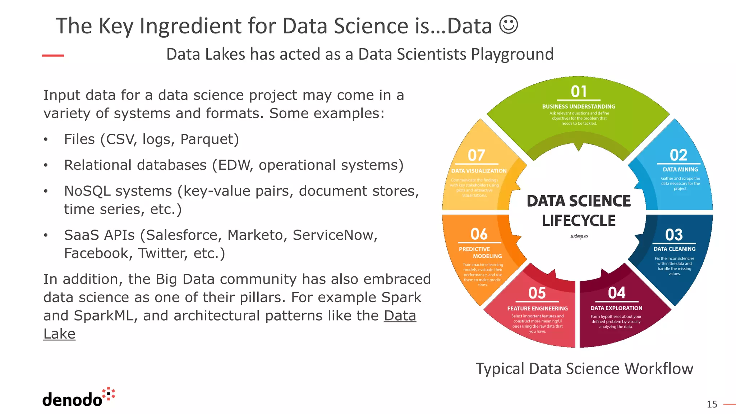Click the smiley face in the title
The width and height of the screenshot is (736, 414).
509,25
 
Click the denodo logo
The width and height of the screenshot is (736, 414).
78,398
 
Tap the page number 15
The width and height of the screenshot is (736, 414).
712,404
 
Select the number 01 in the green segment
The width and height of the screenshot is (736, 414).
579,92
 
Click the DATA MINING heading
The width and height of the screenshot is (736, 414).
680,169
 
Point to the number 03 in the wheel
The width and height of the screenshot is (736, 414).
674,235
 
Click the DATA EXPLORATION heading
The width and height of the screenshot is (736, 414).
616,308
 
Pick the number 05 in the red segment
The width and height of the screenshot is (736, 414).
537,293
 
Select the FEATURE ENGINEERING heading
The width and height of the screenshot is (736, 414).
537,308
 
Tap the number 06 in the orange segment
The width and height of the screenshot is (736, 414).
479,234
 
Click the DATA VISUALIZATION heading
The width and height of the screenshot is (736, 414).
479,171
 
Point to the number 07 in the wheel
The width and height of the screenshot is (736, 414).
476,155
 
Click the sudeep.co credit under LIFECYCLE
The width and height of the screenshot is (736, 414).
579,236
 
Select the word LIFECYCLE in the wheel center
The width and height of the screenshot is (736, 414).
579,220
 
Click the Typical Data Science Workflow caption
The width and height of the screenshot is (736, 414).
584,368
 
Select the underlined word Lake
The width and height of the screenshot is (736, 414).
59,334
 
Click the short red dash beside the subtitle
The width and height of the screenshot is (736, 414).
53,55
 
